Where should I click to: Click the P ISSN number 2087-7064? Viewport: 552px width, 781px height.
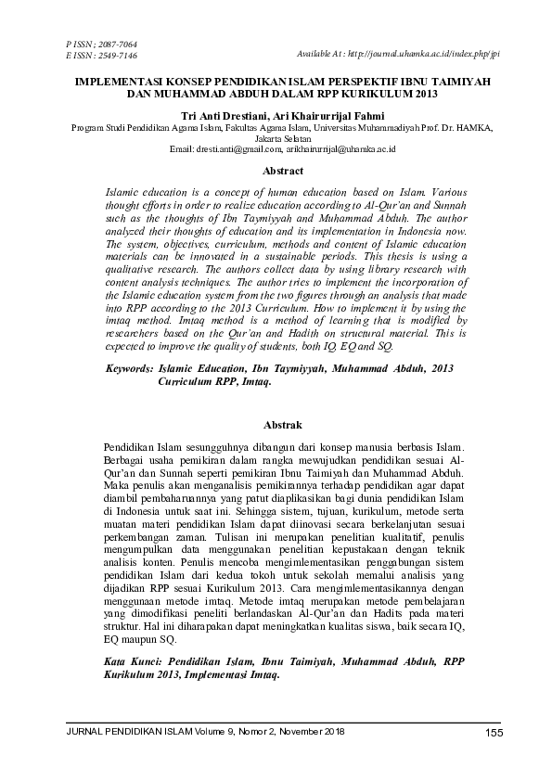tap(115, 45)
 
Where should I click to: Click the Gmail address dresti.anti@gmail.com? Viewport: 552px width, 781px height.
tap(237, 148)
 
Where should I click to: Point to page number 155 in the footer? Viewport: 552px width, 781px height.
tap(494, 735)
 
